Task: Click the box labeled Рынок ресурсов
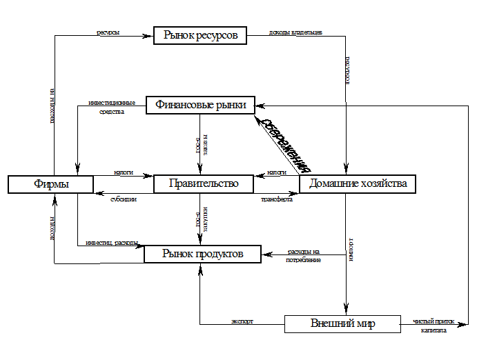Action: point(200,35)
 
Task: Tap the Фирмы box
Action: point(50,184)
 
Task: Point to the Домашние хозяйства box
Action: point(358,183)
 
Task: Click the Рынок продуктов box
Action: point(202,254)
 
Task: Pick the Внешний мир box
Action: point(342,323)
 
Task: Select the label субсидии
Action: point(124,199)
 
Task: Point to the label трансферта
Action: point(276,199)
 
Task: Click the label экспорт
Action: point(242,321)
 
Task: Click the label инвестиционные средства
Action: point(112,106)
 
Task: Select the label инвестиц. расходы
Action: point(112,243)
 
